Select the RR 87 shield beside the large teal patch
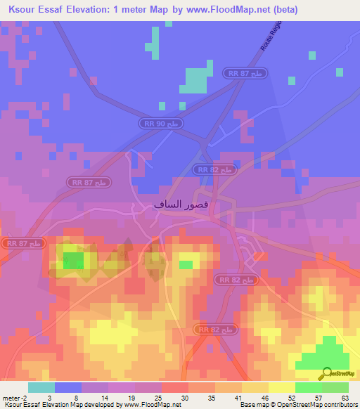click(243, 72)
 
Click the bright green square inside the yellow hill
click(73, 261)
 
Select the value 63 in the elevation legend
click(344, 398)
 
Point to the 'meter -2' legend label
click(14, 398)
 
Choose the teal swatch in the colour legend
click(41, 387)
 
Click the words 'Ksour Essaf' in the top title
click(34, 10)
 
